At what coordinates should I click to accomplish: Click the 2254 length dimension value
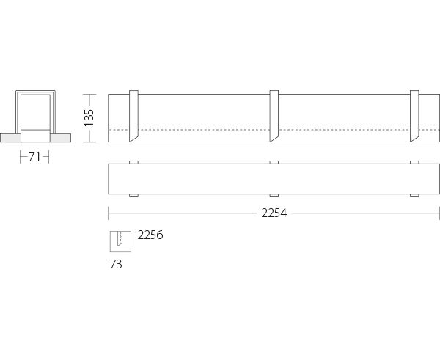pos(274,213)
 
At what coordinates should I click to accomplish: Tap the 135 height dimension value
pos(89,118)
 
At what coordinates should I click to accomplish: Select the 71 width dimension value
pos(34,157)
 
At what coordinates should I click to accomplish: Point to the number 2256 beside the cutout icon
pos(150,235)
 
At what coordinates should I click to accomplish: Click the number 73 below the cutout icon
pos(116,265)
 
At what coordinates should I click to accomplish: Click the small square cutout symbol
pos(120,241)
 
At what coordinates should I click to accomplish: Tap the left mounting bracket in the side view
pos(133,116)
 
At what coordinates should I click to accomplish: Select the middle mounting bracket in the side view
pos(274,116)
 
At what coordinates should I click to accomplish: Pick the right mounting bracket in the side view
pos(414,116)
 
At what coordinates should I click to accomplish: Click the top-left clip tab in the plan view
pos(133,162)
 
